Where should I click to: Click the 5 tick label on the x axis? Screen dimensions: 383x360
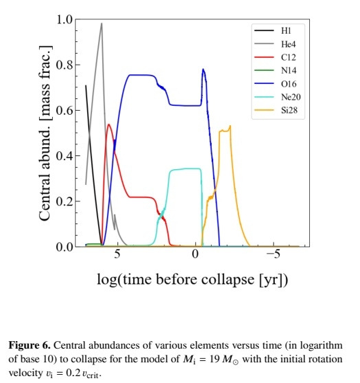[117, 256]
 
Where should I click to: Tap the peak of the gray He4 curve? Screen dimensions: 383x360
[102, 23]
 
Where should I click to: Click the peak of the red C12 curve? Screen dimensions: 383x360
[109, 124]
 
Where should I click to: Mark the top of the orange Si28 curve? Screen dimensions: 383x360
[230, 126]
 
